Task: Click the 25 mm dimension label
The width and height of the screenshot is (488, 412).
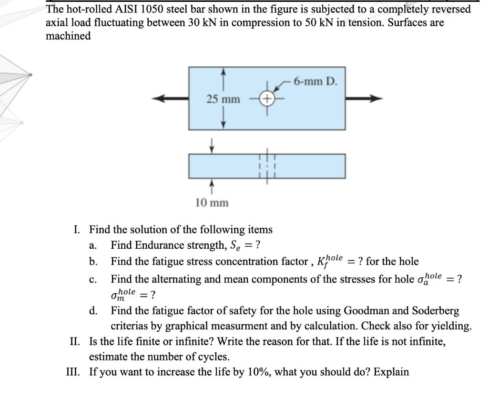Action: (224, 99)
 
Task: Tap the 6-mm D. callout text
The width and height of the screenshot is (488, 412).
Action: (315, 81)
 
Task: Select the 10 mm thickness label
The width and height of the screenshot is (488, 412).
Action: (212, 203)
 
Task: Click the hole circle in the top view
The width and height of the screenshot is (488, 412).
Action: (267, 99)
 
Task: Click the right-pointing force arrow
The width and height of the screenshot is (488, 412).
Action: (365, 99)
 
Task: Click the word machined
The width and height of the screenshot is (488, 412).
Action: (68, 37)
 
